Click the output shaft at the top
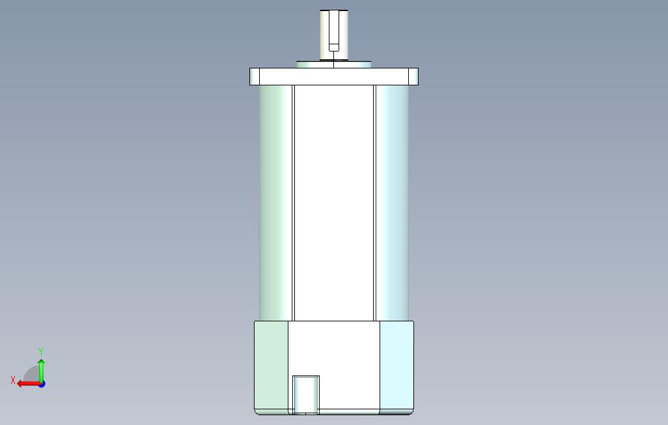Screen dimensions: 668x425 (334, 35)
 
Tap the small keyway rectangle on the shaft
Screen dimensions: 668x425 (334, 47)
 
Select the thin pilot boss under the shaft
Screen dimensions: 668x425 (333, 65)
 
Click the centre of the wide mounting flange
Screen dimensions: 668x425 (334, 76)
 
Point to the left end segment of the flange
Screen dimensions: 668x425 (255, 76)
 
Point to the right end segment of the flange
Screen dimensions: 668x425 (413, 76)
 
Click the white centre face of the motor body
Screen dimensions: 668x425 (334, 203)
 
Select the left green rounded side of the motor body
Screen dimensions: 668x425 (275, 203)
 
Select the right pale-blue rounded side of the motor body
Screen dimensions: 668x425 (392, 203)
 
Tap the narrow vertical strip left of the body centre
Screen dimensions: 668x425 (294, 203)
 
